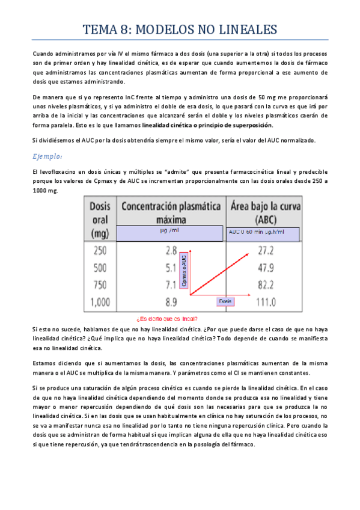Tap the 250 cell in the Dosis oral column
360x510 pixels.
(100, 250)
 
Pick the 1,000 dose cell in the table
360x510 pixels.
(100, 304)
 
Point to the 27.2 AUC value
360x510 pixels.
(263, 250)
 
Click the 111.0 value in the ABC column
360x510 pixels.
(261, 304)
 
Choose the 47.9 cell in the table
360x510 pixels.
(263, 268)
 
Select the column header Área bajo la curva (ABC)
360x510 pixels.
(264, 212)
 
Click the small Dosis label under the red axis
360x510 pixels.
(225, 300)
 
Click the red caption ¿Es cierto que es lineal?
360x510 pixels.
(167, 319)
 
